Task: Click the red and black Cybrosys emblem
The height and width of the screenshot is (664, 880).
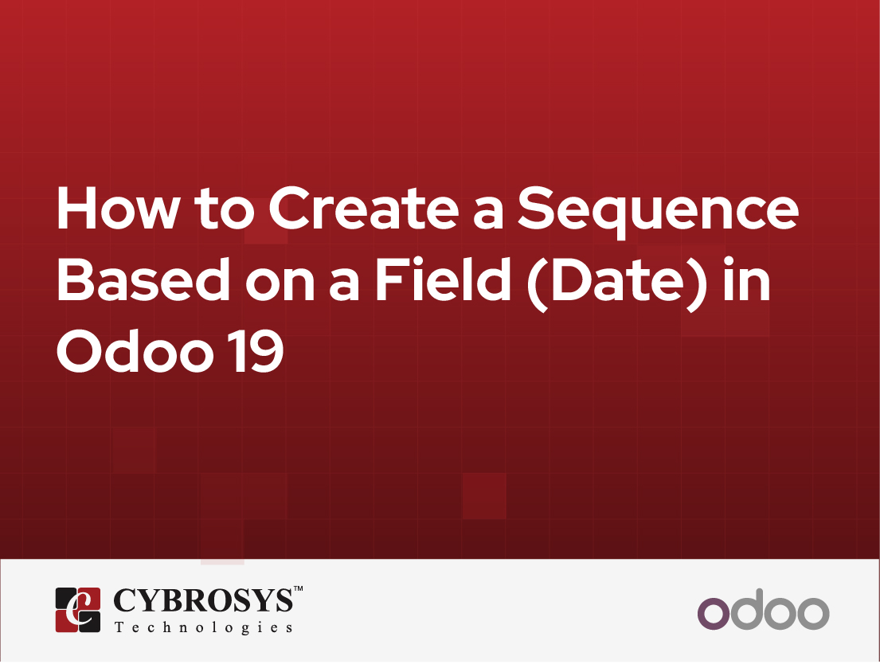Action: coord(77,610)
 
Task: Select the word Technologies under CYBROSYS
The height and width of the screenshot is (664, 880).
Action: coord(203,627)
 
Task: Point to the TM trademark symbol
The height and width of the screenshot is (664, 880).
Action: coord(298,590)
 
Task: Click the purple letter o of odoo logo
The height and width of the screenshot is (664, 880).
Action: coord(713,614)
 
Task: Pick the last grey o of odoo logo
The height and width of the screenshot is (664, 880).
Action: coord(813,614)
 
